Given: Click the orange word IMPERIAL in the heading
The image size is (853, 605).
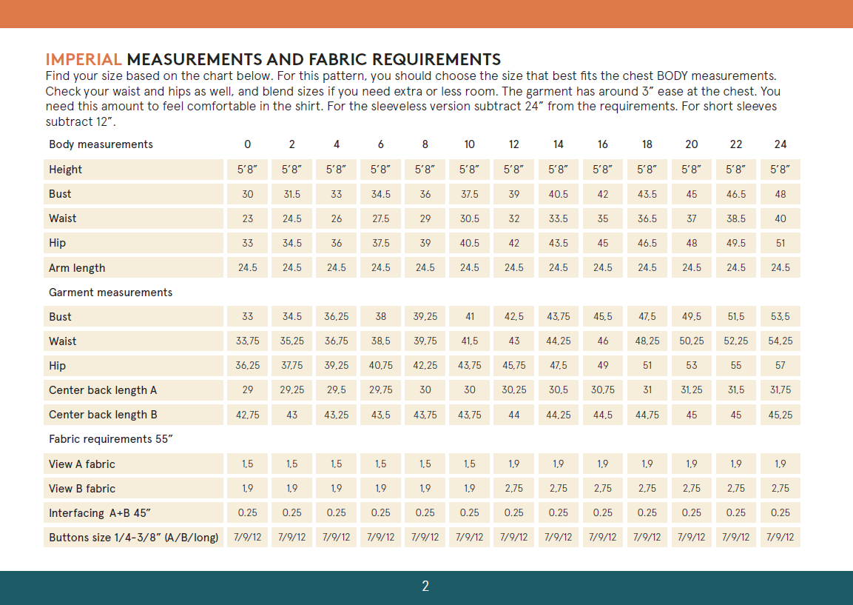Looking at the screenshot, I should click(84, 60).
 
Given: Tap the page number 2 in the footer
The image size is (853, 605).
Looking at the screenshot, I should click(425, 586).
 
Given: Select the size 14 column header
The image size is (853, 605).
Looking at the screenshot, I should click(559, 144).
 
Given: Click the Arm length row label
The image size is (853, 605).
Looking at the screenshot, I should click(77, 268).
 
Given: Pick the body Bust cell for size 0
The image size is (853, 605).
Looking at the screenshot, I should click(248, 194).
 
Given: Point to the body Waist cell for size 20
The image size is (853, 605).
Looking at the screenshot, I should click(692, 218).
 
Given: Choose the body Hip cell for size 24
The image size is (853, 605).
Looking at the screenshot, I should click(780, 243).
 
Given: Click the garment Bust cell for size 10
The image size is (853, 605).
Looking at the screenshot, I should click(470, 316).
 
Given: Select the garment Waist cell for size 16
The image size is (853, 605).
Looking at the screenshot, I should click(603, 341).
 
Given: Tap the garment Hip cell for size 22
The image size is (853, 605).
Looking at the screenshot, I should click(736, 366).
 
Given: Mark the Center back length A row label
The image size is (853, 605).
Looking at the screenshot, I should click(103, 390).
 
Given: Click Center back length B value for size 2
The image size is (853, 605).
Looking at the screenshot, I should click(292, 415).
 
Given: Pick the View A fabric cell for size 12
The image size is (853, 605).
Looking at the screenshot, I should click(514, 464).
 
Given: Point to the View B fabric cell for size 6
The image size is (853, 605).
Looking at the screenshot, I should click(381, 489).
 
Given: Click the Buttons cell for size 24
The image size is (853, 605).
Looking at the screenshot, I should click(780, 538).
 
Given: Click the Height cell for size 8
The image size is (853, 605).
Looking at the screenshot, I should click(425, 170).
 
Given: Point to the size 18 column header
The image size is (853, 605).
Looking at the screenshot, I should click(647, 144).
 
